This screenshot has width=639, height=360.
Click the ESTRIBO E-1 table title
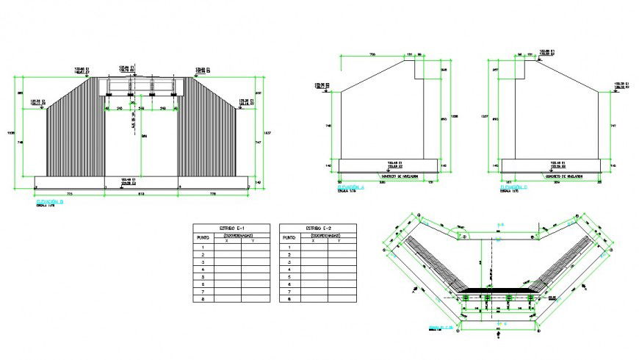(229, 228)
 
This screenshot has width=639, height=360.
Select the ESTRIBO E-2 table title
(318, 228)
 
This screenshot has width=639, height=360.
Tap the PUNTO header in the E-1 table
(202, 238)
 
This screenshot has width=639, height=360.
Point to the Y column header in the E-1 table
(252, 241)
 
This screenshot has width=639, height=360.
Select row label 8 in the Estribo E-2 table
(291, 300)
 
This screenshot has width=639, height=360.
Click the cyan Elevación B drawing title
(50, 200)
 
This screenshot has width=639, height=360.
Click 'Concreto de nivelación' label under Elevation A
(399, 176)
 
